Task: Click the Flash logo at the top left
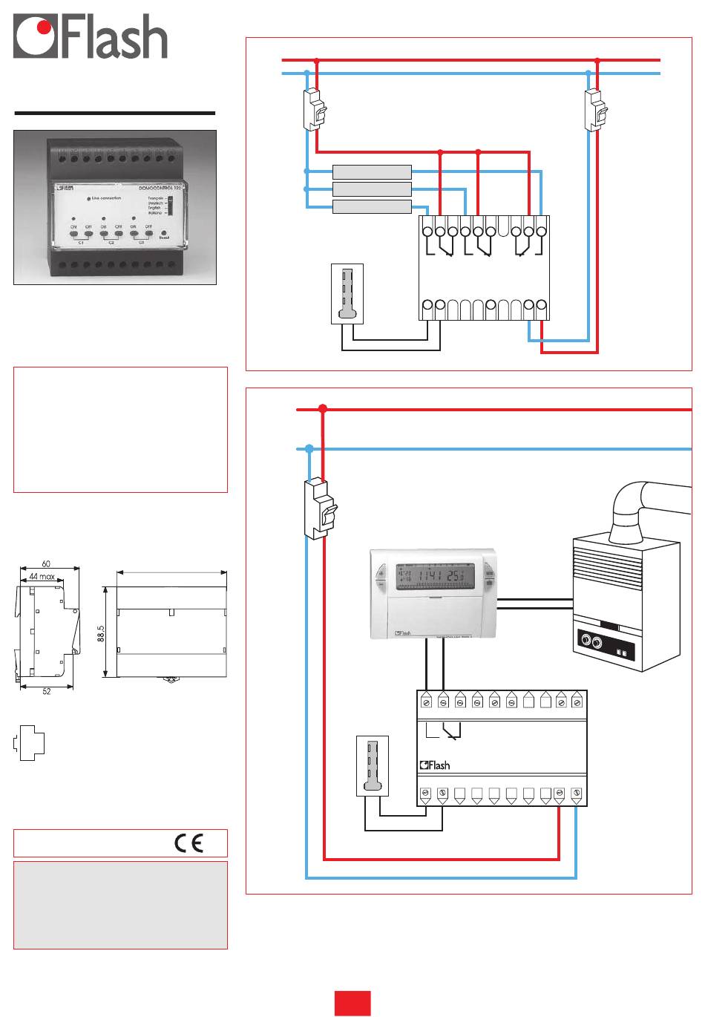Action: click(91, 39)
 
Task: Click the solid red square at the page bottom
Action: click(352, 1003)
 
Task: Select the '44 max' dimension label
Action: click(42, 577)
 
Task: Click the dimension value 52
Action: click(45, 691)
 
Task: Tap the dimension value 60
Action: click(46, 565)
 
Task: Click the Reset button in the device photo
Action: click(164, 233)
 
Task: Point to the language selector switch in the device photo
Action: click(169, 205)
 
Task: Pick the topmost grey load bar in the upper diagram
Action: click(372, 171)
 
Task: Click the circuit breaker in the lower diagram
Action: click(315, 508)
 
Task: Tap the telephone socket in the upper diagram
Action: click(345, 294)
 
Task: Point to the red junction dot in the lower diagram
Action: click(323, 409)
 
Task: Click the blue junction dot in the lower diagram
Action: click(309, 448)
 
